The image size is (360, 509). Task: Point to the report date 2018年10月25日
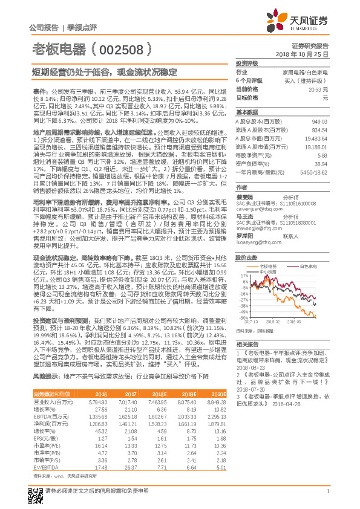point(302,54)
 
